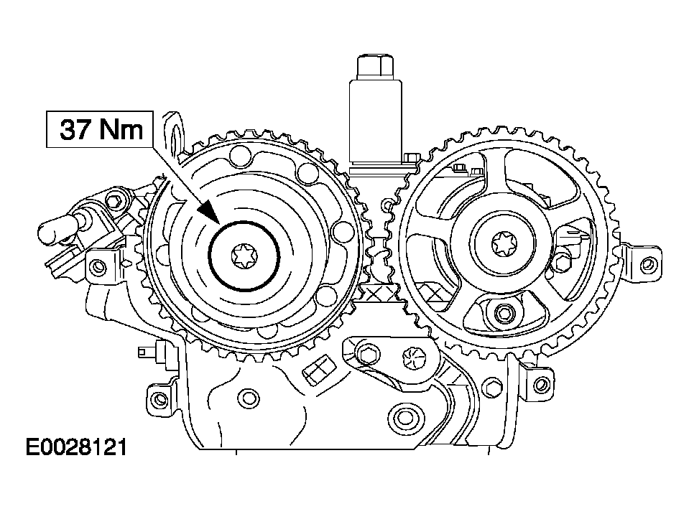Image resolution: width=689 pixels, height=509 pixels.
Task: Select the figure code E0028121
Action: [x=76, y=447]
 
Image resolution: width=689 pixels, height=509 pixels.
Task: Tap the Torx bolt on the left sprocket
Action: [x=244, y=256]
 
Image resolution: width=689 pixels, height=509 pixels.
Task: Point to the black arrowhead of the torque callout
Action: [x=209, y=212]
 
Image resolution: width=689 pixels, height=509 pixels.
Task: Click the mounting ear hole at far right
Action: [x=647, y=264]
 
